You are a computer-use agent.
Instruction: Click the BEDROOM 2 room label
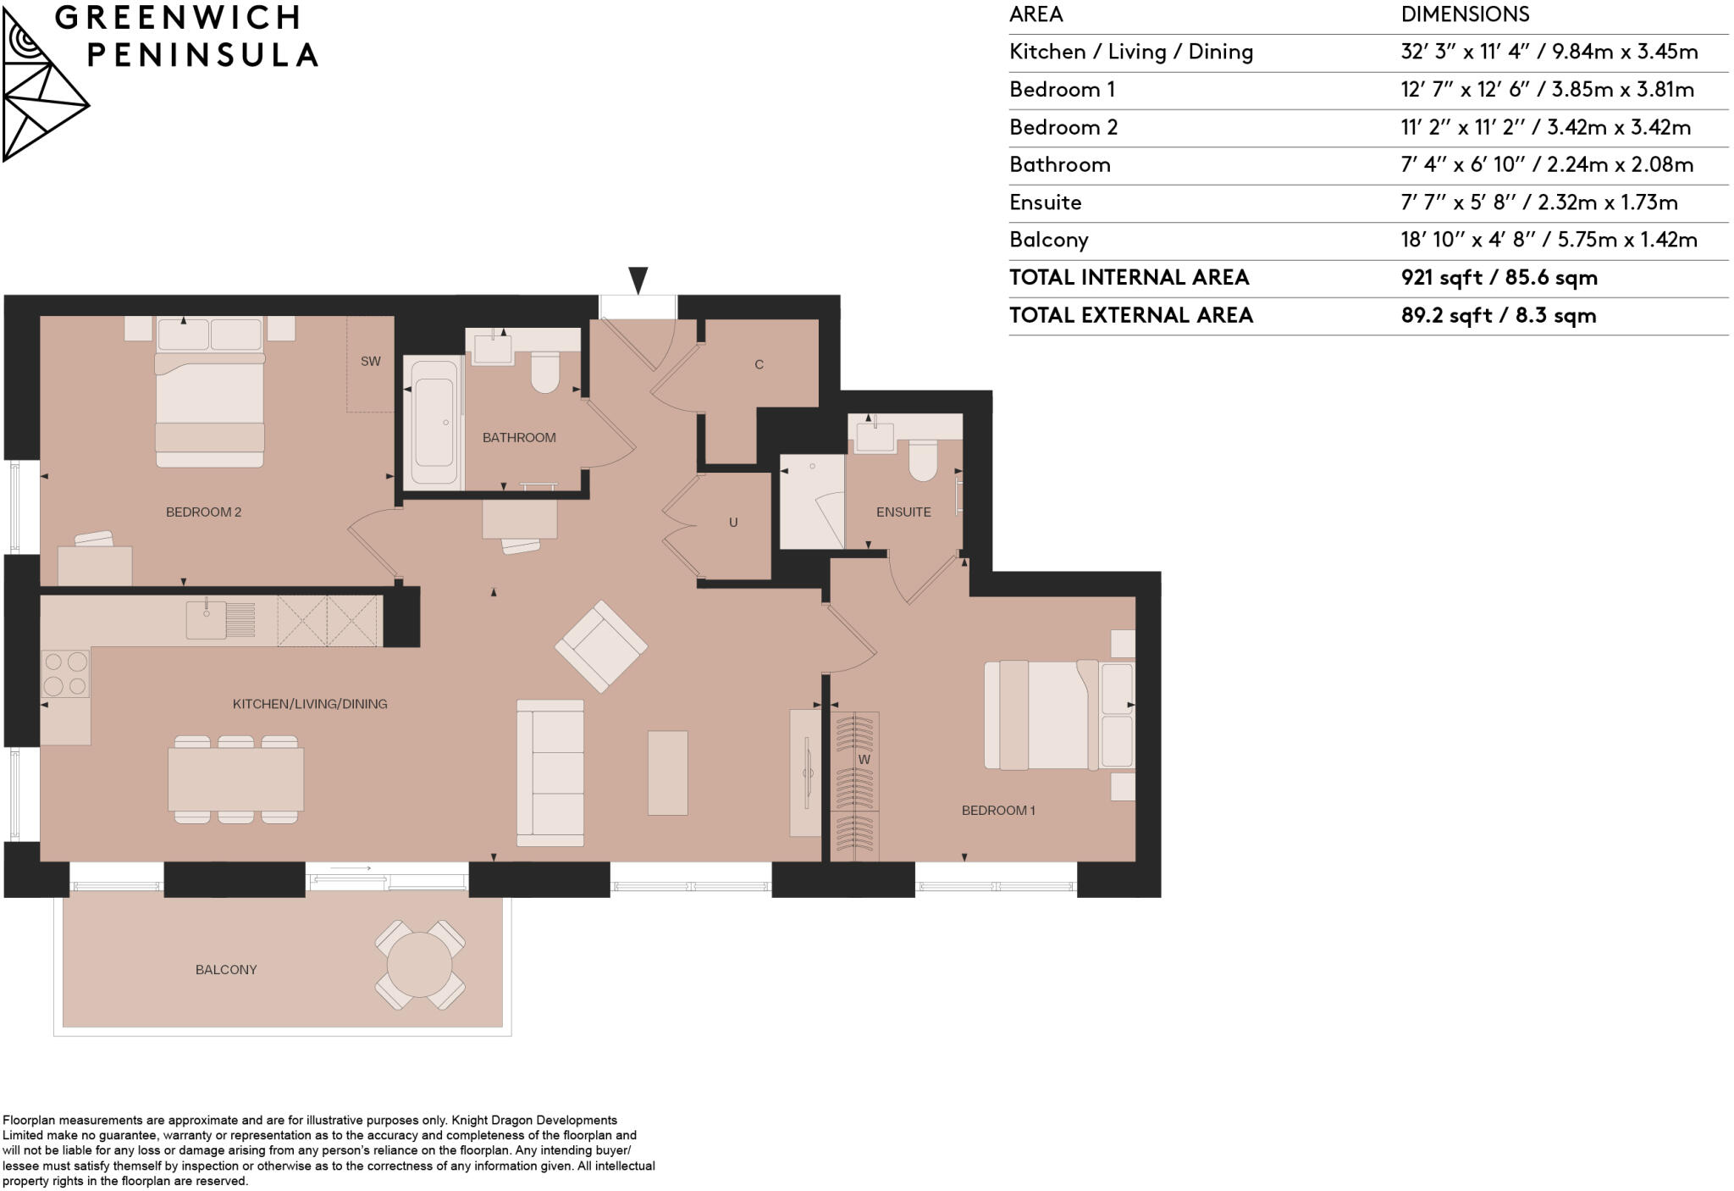(x=203, y=512)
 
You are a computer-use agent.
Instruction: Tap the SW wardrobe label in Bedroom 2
(x=370, y=362)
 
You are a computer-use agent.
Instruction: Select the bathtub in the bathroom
(x=433, y=422)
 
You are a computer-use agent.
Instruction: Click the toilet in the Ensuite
(x=923, y=461)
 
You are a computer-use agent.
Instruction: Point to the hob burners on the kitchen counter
(x=65, y=673)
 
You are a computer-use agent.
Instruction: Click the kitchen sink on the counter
(x=206, y=619)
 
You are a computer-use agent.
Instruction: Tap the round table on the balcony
(x=419, y=965)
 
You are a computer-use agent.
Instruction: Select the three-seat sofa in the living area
(x=550, y=773)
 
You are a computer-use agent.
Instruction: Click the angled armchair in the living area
(x=601, y=646)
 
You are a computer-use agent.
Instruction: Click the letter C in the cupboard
(x=759, y=365)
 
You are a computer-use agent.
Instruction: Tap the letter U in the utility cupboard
(x=733, y=523)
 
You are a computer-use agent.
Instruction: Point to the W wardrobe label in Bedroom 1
(x=864, y=760)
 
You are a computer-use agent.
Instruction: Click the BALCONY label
(x=225, y=970)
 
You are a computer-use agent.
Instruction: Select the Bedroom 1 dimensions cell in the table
(x=1547, y=90)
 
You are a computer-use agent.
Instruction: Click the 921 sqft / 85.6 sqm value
(x=1499, y=278)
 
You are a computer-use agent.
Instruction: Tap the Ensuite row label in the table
(x=1045, y=202)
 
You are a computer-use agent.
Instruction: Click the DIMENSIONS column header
(x=1465, y=14)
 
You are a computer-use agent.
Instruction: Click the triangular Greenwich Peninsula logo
(x=42, y=89)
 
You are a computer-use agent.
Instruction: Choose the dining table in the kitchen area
(x=235, y=780)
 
